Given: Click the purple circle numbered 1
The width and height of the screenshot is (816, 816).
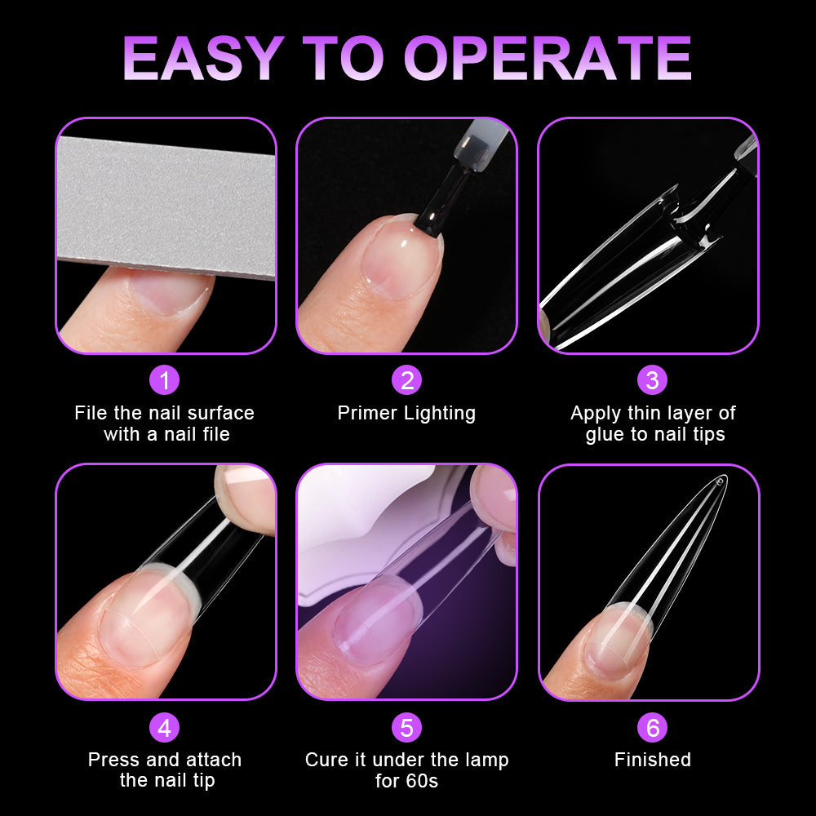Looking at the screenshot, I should click(x=164, y=380).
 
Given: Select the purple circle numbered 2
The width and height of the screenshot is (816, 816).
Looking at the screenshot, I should click(x=406, y=380).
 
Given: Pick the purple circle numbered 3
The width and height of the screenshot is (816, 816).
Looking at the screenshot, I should click(x=652, y=380).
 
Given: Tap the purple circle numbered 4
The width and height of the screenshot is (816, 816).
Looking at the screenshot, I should click(x=164, y=727).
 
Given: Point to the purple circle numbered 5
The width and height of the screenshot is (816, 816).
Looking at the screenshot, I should click(x=406, y=727).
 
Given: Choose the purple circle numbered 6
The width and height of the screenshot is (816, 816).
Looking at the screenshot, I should click(x=652, y=727).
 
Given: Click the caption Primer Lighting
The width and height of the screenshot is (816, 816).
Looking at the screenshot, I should click(x=406, y=413).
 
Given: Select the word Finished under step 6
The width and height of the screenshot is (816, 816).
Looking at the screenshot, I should click(x=652, y=760).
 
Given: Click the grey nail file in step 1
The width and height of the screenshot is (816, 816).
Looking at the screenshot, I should click(x=163, y=204).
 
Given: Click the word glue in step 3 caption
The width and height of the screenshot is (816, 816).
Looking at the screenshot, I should click(x=604, y=434).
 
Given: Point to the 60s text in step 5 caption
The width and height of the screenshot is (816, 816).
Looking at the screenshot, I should click(x=422, y=781).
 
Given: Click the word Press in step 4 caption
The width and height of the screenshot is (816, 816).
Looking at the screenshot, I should click(x=113, y=760).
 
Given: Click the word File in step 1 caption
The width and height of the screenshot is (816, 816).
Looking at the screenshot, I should click(x=90, y=413).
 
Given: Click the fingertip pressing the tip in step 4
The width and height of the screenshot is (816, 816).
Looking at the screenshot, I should click(x=245, y=490).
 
